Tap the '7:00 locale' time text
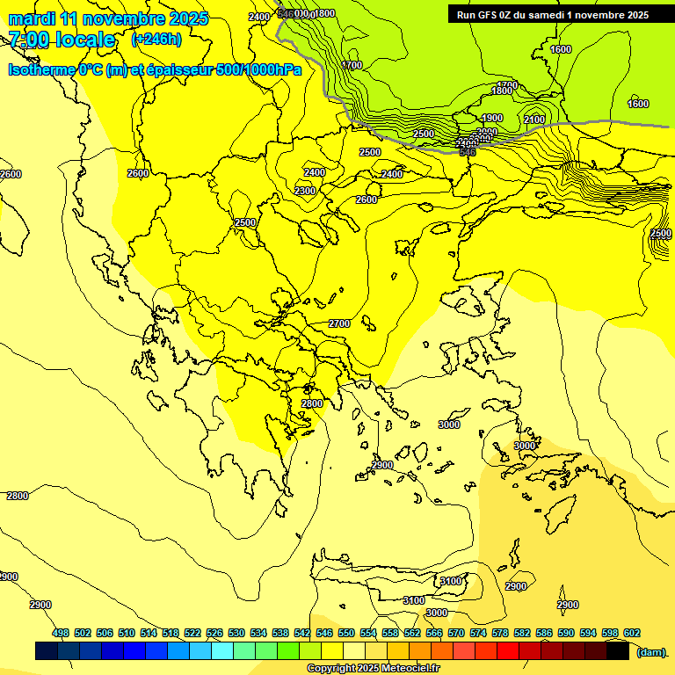tap(62, 40)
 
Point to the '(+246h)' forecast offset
tap(156, 40)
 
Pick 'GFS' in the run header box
tap(490, 15)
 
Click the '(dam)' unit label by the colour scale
tap(650, 651)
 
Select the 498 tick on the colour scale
tap(61, 633)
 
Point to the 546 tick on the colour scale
tap(324, 633)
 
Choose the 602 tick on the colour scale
tap(632, 633)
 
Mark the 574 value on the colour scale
tap(478, 633)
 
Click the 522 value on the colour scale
tap(192, 633)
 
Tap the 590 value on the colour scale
tap(566, 633)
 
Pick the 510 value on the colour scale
tap(127, 633)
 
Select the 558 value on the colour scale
tap(390, 633)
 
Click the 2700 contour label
tap(339, 324)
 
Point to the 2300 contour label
tap(305, 191)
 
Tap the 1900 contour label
tap(492, 118)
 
